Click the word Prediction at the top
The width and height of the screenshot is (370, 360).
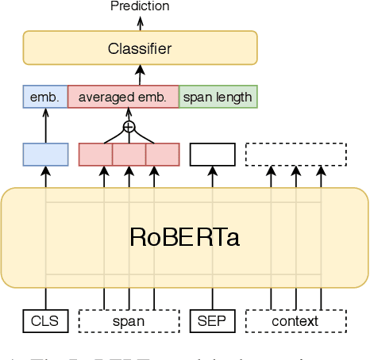[141, 6]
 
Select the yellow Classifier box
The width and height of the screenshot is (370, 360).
[141, 48]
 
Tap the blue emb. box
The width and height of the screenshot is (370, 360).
[45, 98]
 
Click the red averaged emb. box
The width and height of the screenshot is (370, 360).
[123, 98]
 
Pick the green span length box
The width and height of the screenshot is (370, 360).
[218, 98]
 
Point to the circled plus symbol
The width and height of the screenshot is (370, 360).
[129, 126]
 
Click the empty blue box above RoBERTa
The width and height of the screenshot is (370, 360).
[45, 154]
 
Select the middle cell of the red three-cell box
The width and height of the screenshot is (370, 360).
[129, 154]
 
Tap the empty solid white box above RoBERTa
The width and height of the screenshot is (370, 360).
[213, 154]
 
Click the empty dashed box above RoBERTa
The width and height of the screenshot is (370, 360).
[296, 154]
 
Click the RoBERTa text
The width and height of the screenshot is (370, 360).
[185, 237]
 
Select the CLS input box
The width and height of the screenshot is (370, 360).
[45, 321]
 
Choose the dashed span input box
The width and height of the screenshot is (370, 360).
[129, 321]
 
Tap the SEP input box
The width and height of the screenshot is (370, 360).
[213, 321]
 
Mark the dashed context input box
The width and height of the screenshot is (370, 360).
[296, 321]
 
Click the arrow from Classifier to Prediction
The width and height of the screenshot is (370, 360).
[141, 22]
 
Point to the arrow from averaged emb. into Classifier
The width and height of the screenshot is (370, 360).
[141, 76]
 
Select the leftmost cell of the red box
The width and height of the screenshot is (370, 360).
[95, 154]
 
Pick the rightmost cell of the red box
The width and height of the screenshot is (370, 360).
[163, 154]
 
